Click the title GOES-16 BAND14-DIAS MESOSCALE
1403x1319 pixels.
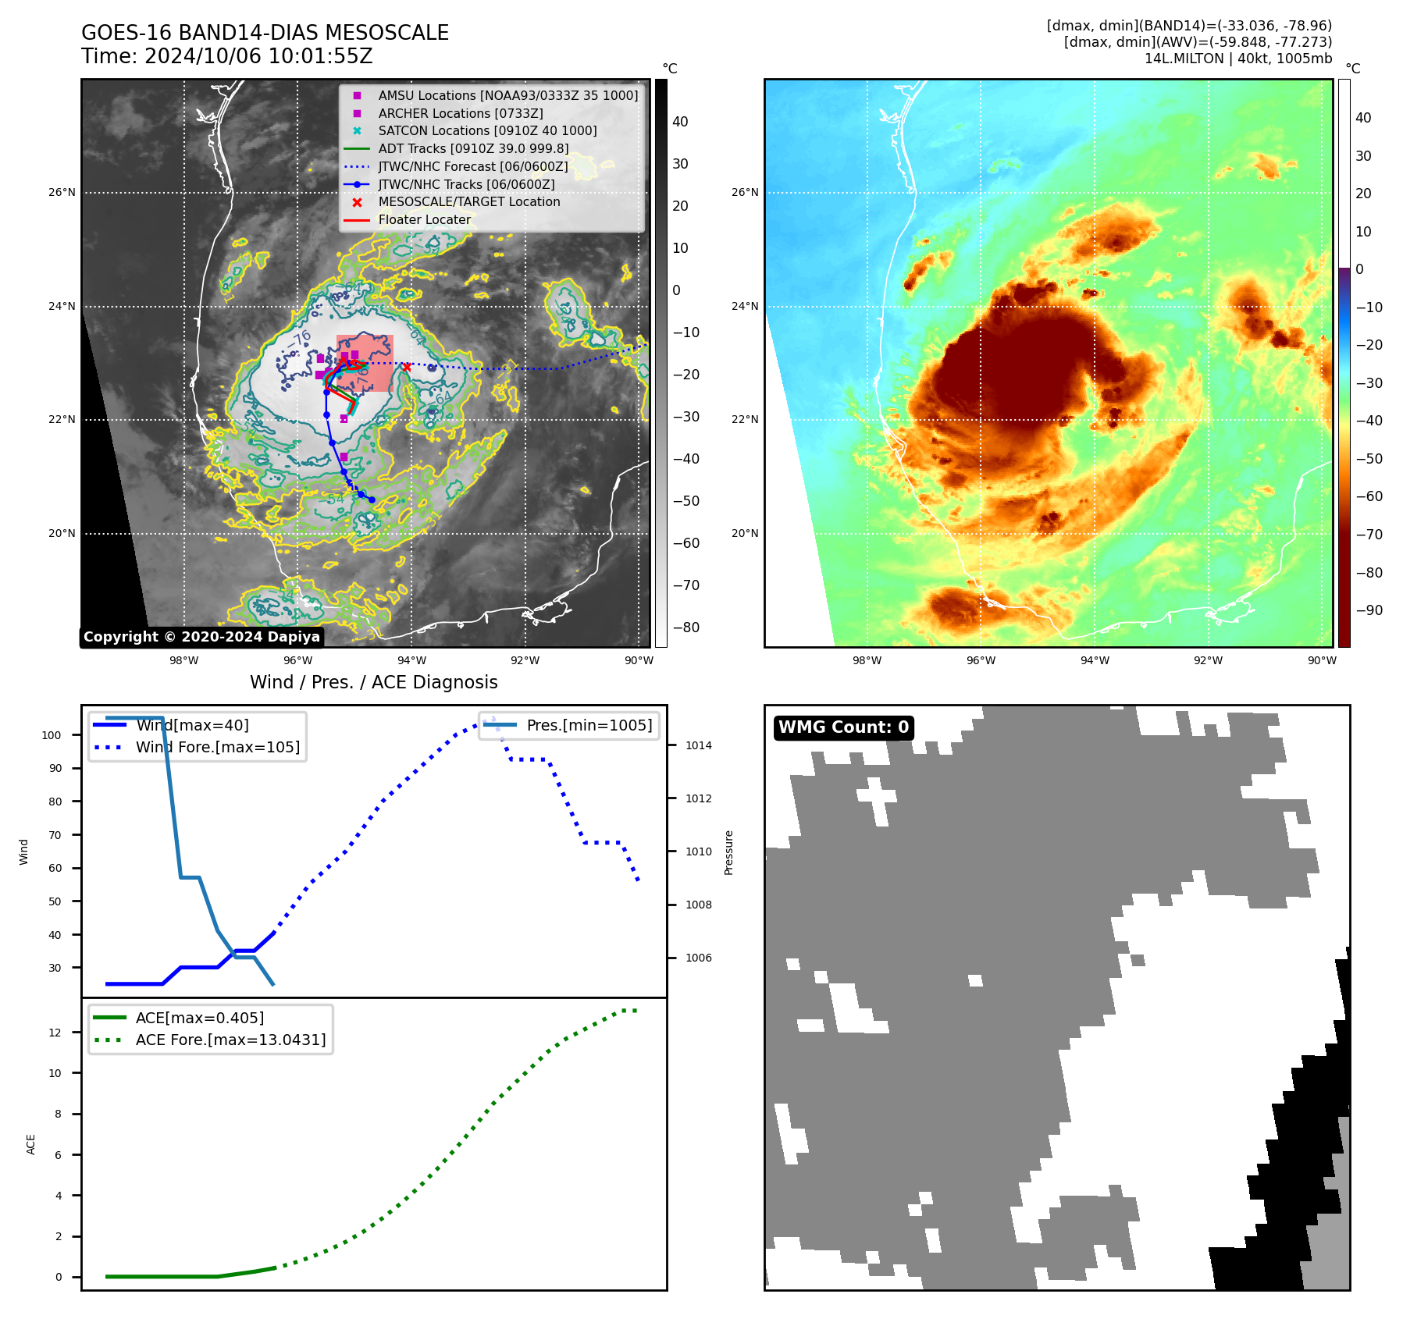pyautogui.click(x=265, y=33)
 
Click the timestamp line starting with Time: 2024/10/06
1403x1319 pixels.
pyautogui.click(x=226, y=56)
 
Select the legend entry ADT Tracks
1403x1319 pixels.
pyautogui.click(x=473, y=148)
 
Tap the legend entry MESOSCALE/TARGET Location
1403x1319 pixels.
pyautogui.click(x=468, y=201)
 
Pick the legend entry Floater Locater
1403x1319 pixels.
pyautogui.click(x=424, y=219)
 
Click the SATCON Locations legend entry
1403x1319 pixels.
pyautogui.click(x=487, y=130)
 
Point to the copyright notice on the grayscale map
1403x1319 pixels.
pyautogui.click(x=201, y=637)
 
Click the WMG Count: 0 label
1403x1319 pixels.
pyautogui.click(x=843, y=727)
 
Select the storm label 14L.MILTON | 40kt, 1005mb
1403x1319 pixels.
pyautogui.click(x=1237, y=59)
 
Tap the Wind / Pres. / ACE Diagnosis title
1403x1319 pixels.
pyautogui.click(x=373, y=682)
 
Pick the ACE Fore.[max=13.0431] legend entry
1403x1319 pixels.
pyautogui.click(x=230, y=1040)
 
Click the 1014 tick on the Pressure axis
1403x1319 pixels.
pyautogui.click(x=698, y=745)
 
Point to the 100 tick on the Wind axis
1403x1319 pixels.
pyautogui.click(x=52, y=735)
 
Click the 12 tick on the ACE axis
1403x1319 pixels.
pyautogui.click(x=55, y=1033)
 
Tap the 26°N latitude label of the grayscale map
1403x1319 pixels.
pyautogui.click(x=62, y=192)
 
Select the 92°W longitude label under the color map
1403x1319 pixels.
pyautogui.click(x=1208, y=660)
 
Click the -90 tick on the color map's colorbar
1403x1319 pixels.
pyautogui.click(x=1369, y=610)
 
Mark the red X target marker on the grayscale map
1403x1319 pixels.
pyautogui.click(x=406, y=367)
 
